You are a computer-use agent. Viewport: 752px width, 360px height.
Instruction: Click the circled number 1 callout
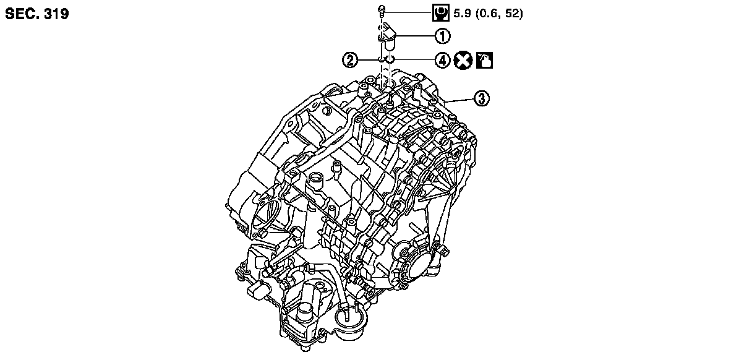tap(442, 36)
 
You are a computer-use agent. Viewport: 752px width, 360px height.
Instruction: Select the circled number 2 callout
tap(351, 60)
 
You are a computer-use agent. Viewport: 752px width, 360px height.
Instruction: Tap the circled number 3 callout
tap(482, 98)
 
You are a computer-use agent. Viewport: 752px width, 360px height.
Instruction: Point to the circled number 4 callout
tap(442, 60)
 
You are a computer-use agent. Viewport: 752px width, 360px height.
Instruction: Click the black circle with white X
tap(463, 60)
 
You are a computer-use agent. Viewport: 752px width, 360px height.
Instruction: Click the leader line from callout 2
tap(367, 60)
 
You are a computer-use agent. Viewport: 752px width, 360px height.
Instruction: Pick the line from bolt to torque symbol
tap(408, 11)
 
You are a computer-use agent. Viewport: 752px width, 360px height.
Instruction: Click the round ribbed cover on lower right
tap(413, 259)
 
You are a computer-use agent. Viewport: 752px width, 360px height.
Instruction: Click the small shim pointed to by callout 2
tap(381, 59)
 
